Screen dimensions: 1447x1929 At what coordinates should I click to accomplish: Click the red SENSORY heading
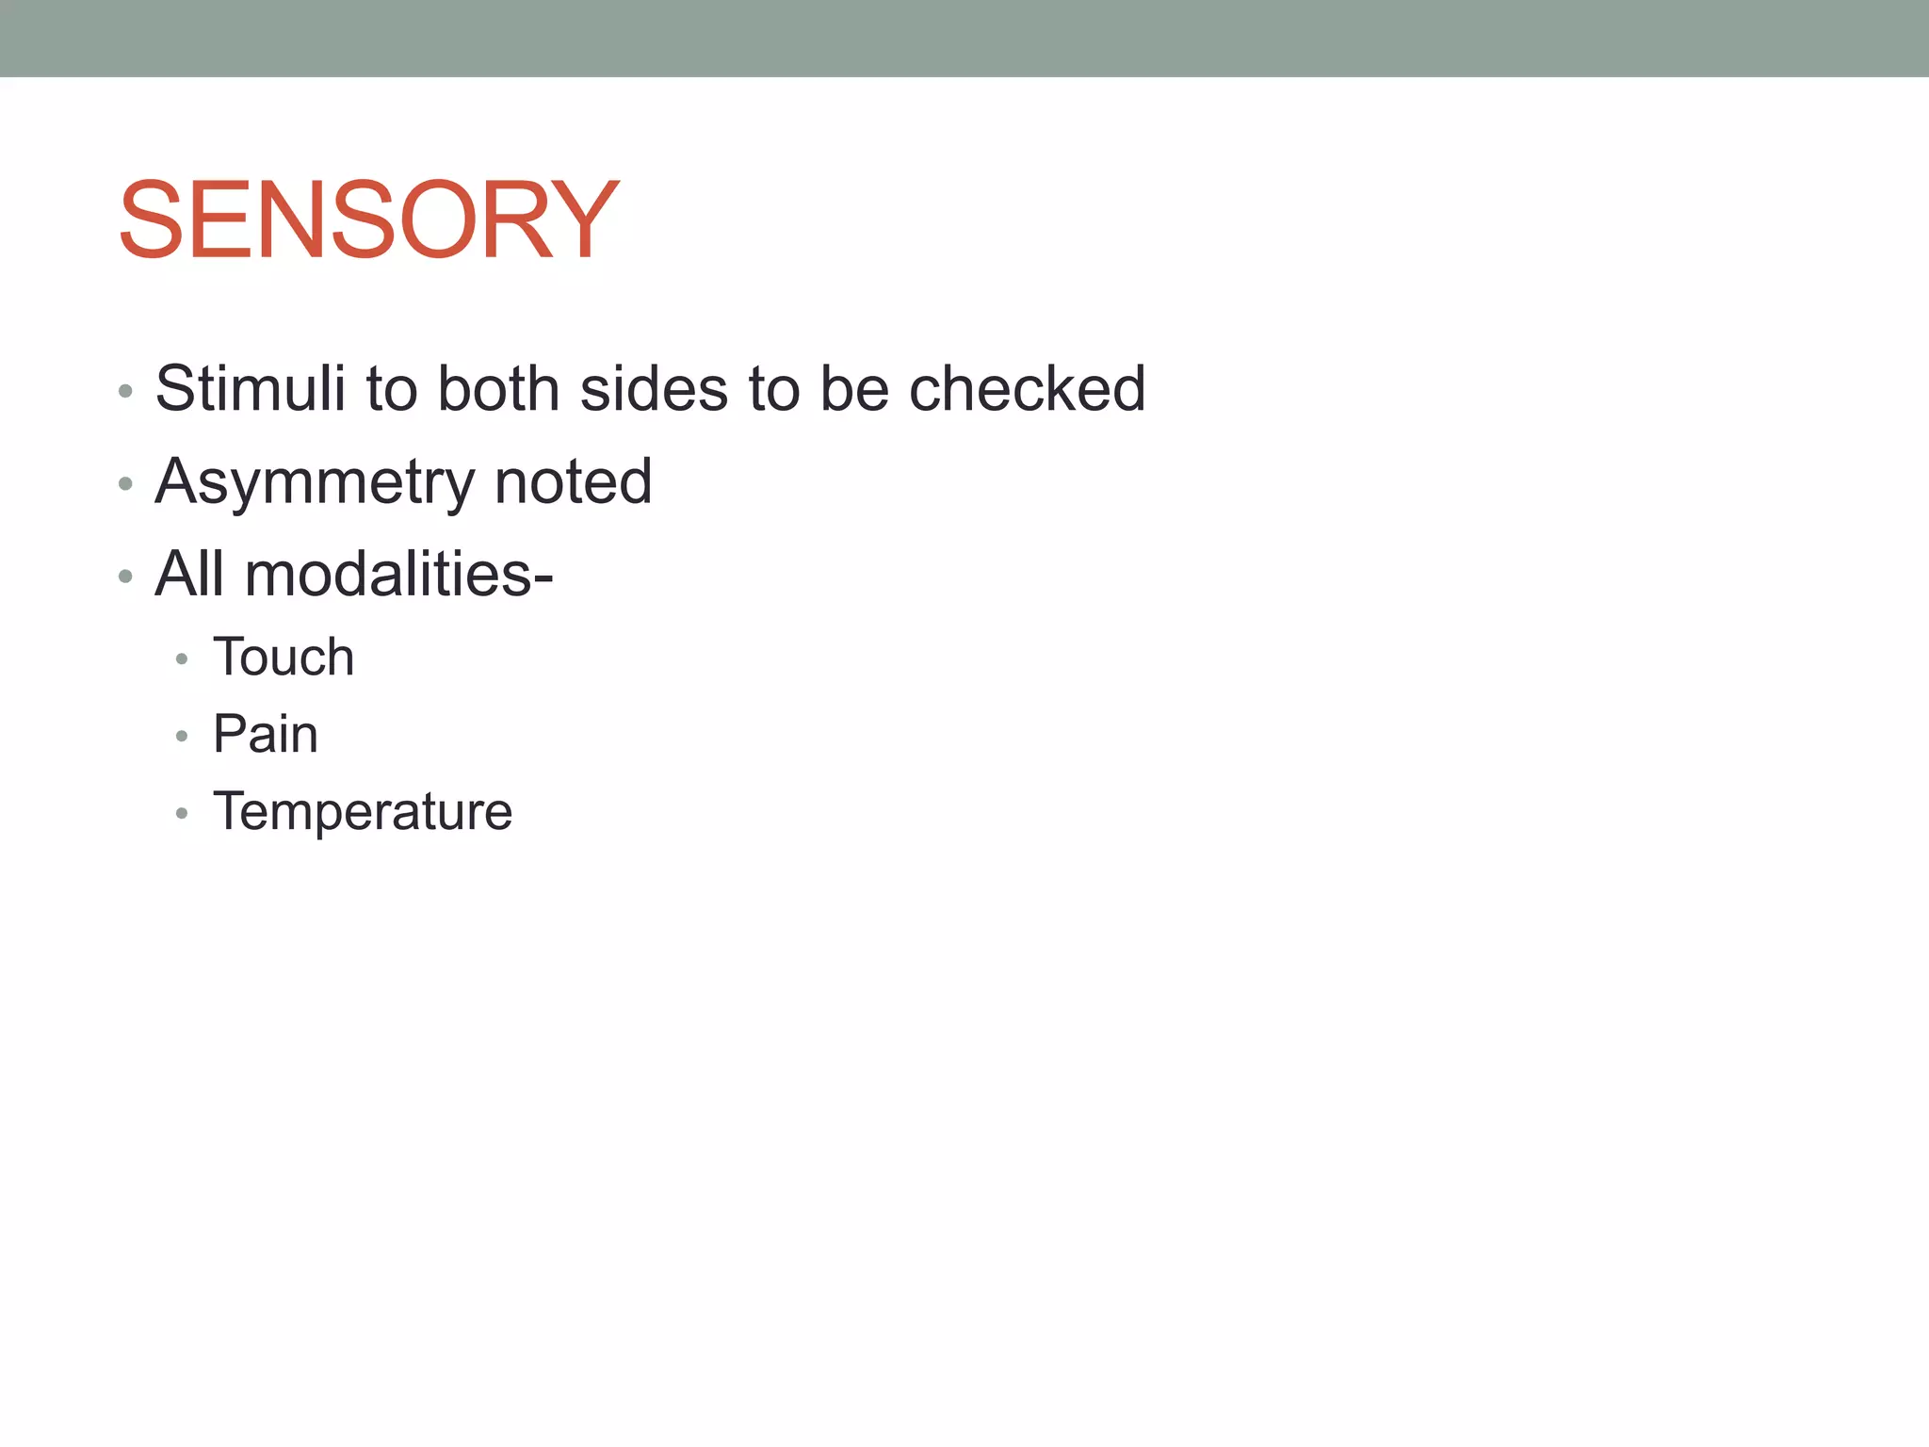click(368, 220)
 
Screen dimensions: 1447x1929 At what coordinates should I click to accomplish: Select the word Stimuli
click(251, 388)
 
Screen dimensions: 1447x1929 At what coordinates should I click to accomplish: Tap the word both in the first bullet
click(498, 388)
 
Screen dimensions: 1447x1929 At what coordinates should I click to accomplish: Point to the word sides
click(654, 388)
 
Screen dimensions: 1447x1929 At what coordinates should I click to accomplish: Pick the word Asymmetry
click(314, 482)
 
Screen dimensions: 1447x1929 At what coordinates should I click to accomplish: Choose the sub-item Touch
click(284, 657)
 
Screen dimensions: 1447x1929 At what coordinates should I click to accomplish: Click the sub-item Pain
click(266, 734)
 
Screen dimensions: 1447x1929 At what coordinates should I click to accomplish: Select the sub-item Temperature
click(363, 811)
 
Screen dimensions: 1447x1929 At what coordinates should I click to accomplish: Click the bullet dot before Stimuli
click(125, 392)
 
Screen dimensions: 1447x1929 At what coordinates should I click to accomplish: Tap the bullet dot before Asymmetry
click(125, 484)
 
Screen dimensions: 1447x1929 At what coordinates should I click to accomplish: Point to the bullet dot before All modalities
click(125, 577)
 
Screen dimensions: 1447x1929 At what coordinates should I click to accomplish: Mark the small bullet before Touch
click(182, 659)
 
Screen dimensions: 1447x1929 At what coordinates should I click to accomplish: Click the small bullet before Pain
click(182, 737)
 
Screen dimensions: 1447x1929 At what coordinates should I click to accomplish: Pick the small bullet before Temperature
click(182, 813)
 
